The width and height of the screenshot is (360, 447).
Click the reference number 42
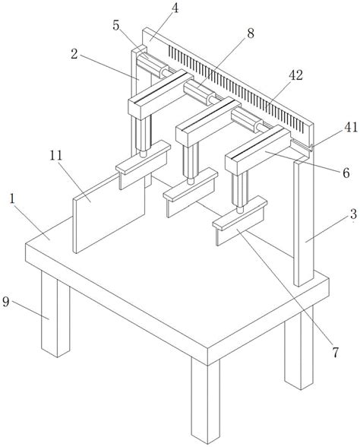coord(295,75)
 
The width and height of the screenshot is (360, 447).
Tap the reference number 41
coord(351,127)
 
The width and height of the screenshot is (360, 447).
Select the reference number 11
coord(56,156)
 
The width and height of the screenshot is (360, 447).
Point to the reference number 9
coord(6,302)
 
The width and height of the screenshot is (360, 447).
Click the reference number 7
coord(336,353)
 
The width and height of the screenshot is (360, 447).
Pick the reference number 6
coord(346,173)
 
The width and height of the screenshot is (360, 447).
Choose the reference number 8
coord(251,33)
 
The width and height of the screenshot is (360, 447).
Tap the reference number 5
coord(116,25)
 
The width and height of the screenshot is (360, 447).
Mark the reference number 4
coord(175,8)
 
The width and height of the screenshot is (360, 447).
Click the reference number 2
coord(74,54)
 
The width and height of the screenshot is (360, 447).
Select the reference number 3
coord(353,214)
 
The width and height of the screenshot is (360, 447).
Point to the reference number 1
coord(12,199)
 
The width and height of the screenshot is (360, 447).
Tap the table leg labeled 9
coord(55,313)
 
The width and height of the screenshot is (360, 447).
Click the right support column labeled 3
coord(304,223)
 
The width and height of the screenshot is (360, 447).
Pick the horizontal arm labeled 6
coord(257,151)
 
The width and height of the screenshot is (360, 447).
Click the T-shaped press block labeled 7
coord(240,220)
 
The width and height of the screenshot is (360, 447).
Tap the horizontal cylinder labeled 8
coord(199,93)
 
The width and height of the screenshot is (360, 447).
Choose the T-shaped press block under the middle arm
coord(190,192)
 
